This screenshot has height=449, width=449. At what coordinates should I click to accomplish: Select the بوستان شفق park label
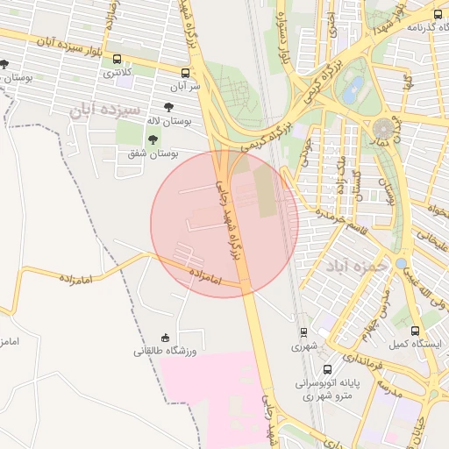(x=153, y=154)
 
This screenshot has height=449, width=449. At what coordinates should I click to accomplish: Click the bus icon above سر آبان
(x=185, y=74)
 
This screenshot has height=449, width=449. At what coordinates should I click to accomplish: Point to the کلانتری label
(x=118, y=72)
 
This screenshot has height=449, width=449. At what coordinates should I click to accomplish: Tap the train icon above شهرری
(x=303, y=332)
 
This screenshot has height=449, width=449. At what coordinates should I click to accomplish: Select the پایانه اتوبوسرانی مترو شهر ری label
(x=326, y=389)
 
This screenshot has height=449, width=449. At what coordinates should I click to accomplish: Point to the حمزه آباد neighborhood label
(x=356, y=266)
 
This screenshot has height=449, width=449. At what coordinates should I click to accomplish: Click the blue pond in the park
(x=354, y=86)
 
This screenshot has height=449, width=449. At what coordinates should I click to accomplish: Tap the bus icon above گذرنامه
(x=438, y=15)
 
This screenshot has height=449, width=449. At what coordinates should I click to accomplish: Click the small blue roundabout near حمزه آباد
(x=401, y=263)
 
